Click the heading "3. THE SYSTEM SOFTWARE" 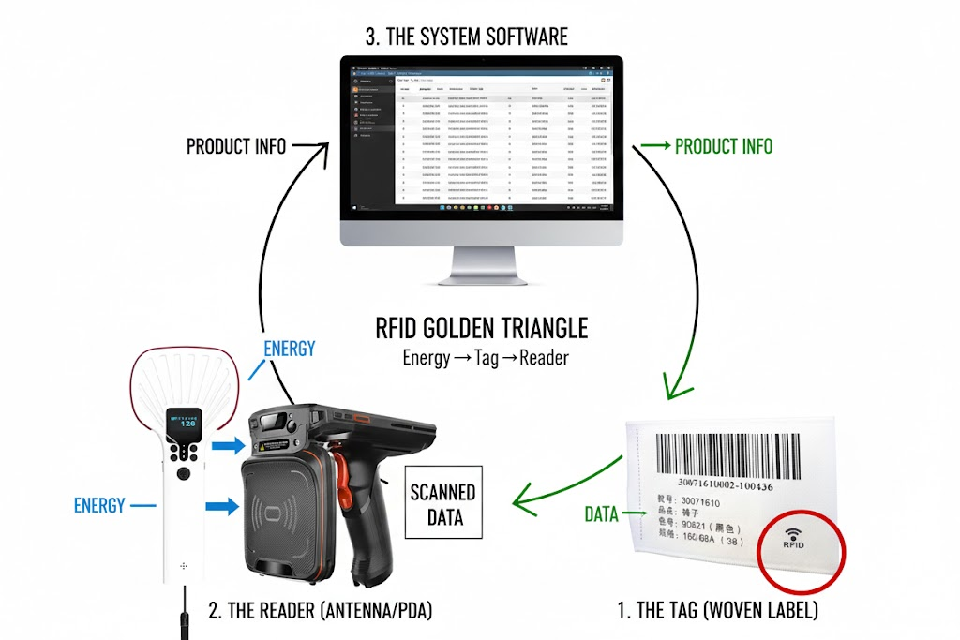point(466,37)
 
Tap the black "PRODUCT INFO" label point(236,147)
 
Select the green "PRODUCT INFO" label point(724,146)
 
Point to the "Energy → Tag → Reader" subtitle point(486,357)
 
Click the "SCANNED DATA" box point(442,502)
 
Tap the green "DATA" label point(601,513)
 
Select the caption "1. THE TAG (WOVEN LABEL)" point(717,611)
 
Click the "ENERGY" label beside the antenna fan point(289,349)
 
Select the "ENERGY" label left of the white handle point(99,506)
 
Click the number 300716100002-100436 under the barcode point(728,485)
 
